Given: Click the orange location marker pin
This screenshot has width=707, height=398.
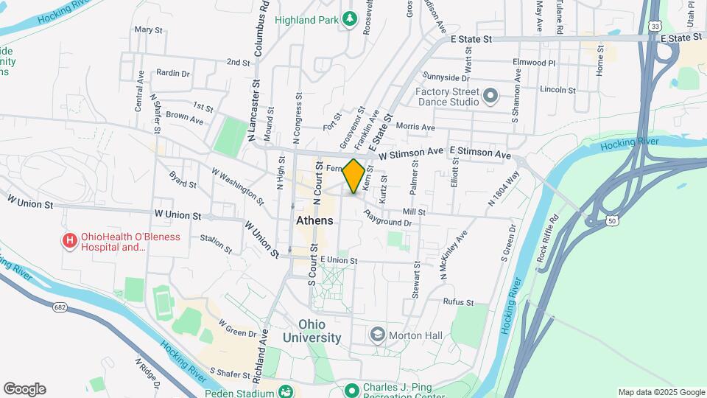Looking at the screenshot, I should (x=354, y=175).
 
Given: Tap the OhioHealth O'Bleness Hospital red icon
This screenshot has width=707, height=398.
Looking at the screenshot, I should (x=70, y=240).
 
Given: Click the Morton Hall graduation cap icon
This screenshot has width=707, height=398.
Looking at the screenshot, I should (x=379, y=335).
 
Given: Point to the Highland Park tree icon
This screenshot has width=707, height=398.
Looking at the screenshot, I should (x=351, y=18).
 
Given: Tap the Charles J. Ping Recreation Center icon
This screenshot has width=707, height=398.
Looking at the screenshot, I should (x=351, y=389).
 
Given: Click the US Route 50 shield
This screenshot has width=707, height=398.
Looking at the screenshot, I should (x=612, y=220).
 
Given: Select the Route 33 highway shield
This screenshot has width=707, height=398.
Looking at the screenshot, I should (x=654, y=26).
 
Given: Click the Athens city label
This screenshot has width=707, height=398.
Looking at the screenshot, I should (x=314, y=220).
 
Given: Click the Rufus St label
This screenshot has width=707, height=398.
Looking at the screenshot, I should (x=458, y=301).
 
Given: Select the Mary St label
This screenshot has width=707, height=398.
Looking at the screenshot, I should (x=148, y=30).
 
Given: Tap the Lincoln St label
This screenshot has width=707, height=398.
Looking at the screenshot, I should (x=557, y=90).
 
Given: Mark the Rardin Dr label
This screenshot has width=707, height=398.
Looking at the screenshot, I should (x=173, y=73).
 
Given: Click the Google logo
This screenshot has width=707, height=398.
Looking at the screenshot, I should (x=24, y=389).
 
